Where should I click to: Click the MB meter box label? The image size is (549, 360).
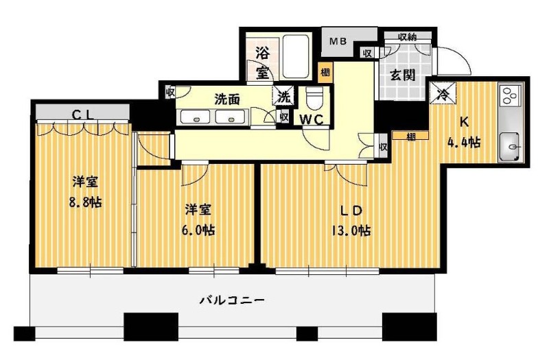click(338, 41)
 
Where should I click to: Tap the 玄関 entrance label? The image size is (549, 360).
click(403, 75)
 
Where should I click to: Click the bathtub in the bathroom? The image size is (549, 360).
click(296, 56)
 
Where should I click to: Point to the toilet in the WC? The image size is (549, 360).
click(314, 99)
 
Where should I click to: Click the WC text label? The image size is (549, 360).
click(312, 120)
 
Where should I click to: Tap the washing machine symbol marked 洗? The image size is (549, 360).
click(283, 96)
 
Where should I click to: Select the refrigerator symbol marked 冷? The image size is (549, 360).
click(443, 92)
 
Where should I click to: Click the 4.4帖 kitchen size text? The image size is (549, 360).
click(464, 143)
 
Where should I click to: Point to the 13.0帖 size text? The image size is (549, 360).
click(351, 231)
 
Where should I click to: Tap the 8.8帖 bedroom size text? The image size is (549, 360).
click(85, 202)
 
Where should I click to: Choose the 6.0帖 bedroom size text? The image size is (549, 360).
click(198, 230)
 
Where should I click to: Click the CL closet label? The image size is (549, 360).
click(83, 115)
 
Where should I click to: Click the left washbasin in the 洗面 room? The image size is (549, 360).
click(196, 117)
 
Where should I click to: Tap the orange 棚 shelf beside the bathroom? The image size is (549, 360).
click(325, 73)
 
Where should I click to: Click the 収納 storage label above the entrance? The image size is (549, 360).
click(407, 37)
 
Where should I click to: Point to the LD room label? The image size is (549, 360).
click(351, 211)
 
